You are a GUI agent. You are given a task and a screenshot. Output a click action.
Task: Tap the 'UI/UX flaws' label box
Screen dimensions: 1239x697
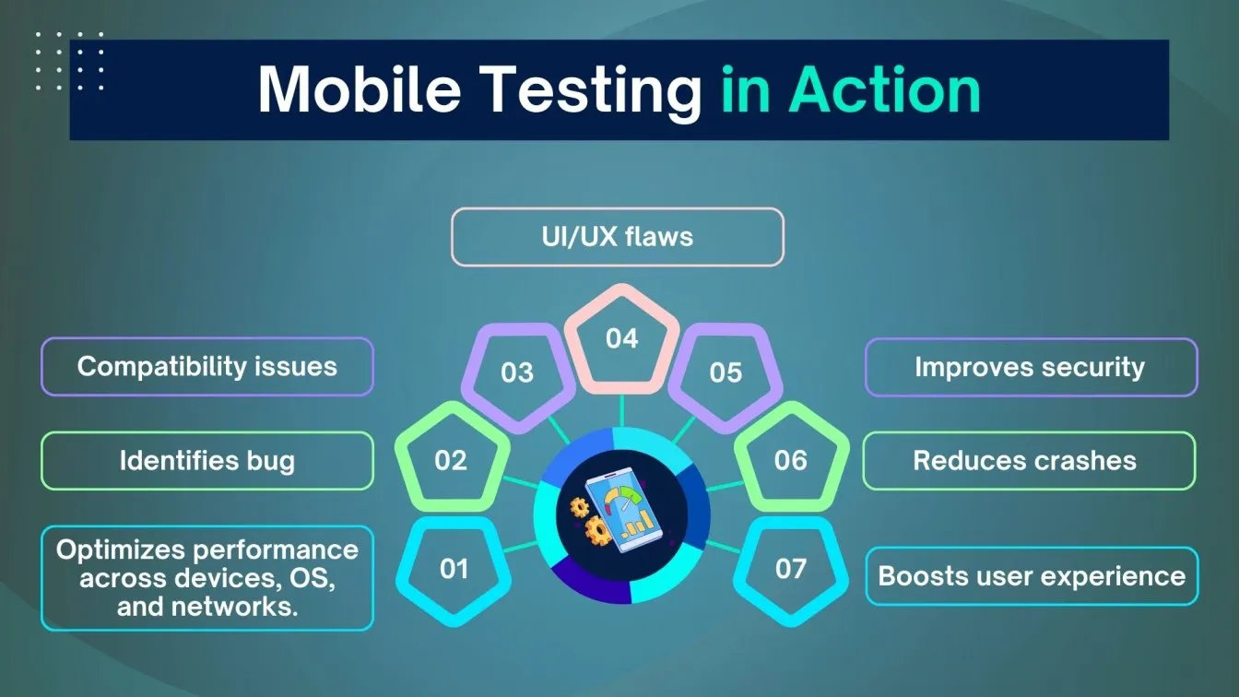tap(618, 237)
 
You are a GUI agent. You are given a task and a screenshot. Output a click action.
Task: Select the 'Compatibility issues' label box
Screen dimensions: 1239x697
tap(207, 366)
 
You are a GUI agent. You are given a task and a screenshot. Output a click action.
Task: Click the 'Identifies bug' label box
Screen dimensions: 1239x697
tap(207, 460)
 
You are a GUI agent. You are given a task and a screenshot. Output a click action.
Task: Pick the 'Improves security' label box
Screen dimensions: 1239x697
tap(1031, 367)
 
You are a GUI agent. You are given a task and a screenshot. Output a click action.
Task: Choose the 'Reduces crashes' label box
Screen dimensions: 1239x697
tap(1029, 460)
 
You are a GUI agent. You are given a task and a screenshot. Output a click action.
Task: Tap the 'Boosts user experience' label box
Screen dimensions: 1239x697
tap(1032, 576)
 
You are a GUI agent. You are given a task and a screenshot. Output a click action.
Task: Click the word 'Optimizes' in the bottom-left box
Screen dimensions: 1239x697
tap(120, 550)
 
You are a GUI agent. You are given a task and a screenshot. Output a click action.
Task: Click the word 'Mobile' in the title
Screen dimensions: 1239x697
tap(360, 89)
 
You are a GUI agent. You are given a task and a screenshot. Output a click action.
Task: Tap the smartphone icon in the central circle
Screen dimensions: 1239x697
tap(624, 509)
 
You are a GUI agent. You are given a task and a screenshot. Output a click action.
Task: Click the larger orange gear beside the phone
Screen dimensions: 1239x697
tap(598, 530)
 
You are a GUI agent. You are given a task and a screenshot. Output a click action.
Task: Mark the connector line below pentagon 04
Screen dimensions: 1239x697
tap(621, 411)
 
